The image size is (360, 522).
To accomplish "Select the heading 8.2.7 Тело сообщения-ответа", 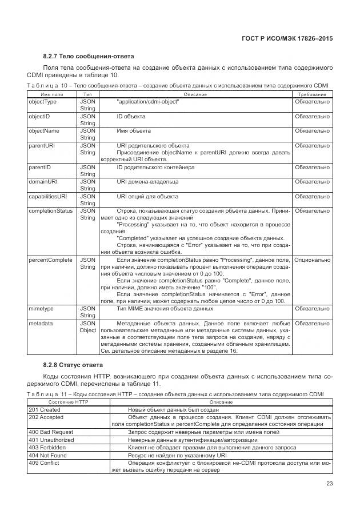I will tap(89, 57).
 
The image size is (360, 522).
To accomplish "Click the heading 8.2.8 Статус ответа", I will tap(73, 365).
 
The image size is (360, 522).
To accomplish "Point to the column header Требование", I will tap(312, 94).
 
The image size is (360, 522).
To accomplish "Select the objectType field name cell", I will tap(43, 102).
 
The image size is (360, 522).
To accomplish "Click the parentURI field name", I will tap(42, 146).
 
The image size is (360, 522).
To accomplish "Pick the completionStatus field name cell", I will tap(50, 211).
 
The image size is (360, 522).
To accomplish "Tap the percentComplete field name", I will tap(50, 260).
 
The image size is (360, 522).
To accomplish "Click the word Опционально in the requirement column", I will tap(312, 260).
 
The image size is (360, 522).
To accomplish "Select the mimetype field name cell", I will tap(41, 309).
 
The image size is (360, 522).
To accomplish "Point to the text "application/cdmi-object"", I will tap(147, 102).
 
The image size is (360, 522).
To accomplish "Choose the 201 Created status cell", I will tap(45, 410).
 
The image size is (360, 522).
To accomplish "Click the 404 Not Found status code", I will tap(47, 456).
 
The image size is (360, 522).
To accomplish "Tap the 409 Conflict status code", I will tap(44, 463).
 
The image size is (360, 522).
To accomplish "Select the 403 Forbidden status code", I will tap(47, 448).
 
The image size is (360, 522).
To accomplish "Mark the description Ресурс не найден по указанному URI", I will tap(186, 456).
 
